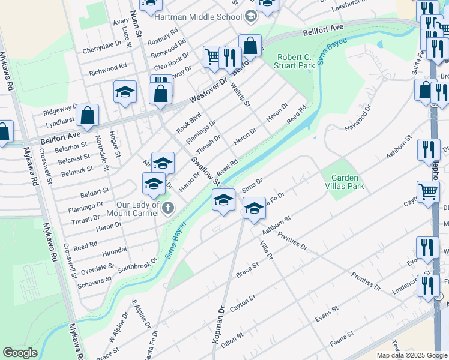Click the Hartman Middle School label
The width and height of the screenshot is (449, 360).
[197, 17]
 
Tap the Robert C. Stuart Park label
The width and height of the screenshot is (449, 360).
[295, 61]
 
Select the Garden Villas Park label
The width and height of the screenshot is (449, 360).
[344, 182]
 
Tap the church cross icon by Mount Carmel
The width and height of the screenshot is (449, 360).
[169, 208]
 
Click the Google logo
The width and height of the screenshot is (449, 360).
[20, 353]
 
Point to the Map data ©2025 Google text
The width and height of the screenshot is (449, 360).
[412, 355]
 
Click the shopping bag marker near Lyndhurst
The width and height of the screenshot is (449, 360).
[87, 116]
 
